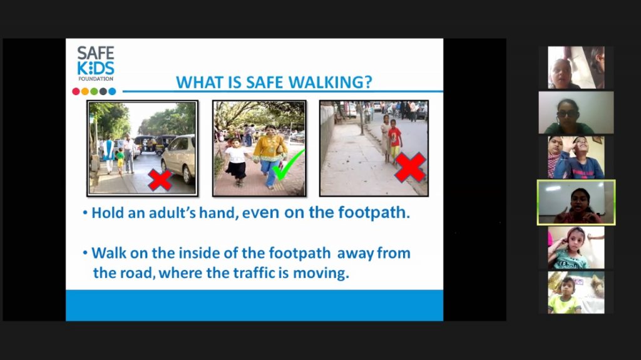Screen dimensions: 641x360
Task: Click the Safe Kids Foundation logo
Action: point(96,63)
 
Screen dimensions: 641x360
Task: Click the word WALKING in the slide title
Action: point(331,82)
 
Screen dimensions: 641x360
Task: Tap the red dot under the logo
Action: point(76,91)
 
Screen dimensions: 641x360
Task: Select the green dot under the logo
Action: point(94,91)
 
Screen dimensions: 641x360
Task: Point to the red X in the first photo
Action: point(160,180)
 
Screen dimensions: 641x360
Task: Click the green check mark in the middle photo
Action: point(288,165)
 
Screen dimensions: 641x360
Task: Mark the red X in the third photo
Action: point(410,167)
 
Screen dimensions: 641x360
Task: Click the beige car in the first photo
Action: point(180,158)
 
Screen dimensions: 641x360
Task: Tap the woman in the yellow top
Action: point(269,156)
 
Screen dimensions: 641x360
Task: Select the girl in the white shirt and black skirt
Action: point(236,162)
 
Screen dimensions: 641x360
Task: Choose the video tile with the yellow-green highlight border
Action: point(576,202)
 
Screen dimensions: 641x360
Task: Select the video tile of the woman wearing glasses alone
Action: point(576,113)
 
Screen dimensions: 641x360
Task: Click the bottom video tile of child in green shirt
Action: point(576,292)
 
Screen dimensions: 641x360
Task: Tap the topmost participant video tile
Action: point(576,68)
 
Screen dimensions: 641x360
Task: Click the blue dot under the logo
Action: point(112,91)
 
